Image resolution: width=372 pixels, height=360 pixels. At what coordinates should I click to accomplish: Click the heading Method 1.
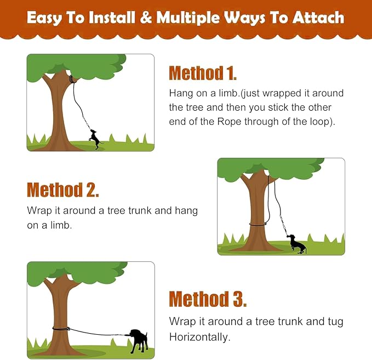[x=203, y=73]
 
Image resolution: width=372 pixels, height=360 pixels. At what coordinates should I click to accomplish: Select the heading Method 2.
[x=62, y=190]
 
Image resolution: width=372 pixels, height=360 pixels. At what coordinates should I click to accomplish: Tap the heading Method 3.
[x=208, y=299]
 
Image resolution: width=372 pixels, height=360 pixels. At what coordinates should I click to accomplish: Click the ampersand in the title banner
[x=146, y=18]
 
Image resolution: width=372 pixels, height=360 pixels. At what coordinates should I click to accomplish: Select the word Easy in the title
[x=44, y=18]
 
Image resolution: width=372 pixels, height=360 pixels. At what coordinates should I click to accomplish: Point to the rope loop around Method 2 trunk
[x=257, y=224]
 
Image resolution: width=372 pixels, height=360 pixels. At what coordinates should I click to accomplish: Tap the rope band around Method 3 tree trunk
[x=60, y=329]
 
